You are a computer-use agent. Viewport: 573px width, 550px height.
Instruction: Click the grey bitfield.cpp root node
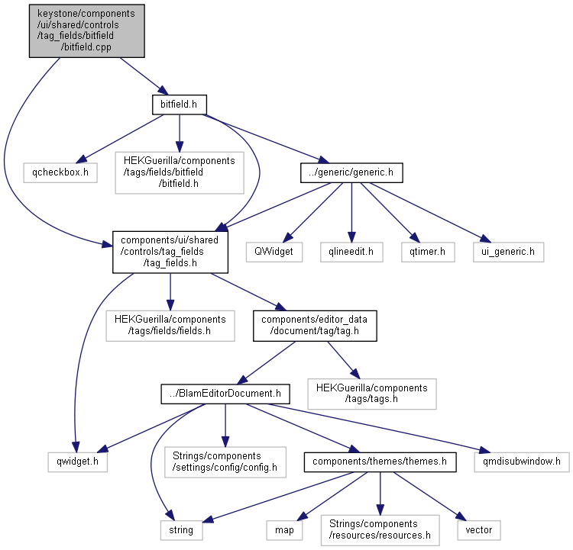click(x=87, y=31)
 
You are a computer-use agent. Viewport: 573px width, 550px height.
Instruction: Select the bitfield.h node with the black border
click(x=180, y=105)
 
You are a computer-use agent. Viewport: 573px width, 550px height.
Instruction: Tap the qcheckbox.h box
click(x=60, y=172)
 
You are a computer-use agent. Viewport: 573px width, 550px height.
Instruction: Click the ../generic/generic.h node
click(x=351, y=172)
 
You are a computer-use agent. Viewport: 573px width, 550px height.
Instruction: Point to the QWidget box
click(x=274, y=252)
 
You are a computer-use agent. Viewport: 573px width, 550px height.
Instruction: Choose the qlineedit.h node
click(x=351, y=252)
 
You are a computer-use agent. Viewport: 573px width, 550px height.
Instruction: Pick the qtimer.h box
click(x=428, y=252)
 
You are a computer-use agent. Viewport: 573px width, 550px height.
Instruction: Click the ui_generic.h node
click(x=508, y=252)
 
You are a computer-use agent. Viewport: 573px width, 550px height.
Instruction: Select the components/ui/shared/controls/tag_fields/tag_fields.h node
click(x=170, y=252)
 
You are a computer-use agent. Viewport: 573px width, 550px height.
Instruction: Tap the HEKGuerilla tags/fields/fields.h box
click(x=170, y=326)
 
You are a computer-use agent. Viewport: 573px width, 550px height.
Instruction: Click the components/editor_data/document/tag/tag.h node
click(x=315, y=326)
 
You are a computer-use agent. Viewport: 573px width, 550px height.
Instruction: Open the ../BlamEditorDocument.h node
click(x=225, y=394)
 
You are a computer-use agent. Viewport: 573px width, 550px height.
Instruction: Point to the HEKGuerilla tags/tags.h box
click(x=372, y=394)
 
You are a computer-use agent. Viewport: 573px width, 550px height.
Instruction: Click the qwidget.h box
click(x=77, y=462)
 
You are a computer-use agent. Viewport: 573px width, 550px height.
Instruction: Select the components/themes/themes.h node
click(x=380, y=462)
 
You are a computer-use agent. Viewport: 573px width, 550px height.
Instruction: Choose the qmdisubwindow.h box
click(x=522, y=462)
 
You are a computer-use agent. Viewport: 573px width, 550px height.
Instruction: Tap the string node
click(x=182, y=530)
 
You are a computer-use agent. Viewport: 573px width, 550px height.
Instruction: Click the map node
click(x=284, y=530)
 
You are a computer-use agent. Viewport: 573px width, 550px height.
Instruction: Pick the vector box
click(x=479, y=530)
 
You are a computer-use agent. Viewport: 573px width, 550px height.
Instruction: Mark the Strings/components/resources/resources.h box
click(x=380, y=530)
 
